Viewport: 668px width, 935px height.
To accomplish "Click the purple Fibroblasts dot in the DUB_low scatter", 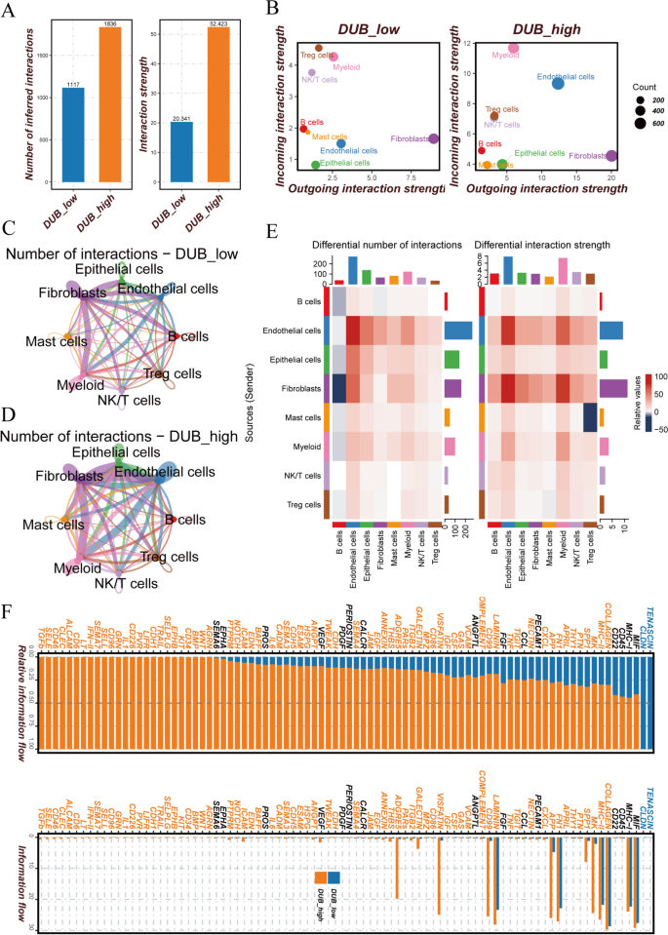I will [433, 139].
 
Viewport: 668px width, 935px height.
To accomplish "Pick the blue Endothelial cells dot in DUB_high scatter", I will [558, 84].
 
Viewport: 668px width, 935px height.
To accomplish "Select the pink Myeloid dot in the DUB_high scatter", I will [514, 48].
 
